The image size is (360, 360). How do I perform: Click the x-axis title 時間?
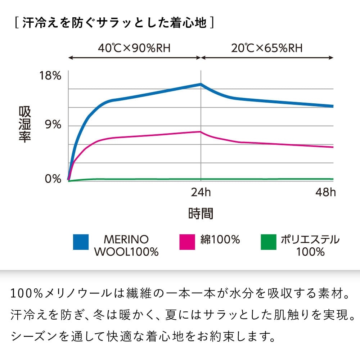[201, 213]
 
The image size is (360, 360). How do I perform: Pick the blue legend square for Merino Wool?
[81, 242]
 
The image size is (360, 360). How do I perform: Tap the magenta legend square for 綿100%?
[187, 242]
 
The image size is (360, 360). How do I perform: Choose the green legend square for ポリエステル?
[268, 242]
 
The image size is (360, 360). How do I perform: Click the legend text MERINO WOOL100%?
[126, 246]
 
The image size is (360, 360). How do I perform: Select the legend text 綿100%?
[220, 239]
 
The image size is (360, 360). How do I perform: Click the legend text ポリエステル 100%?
[310, 246]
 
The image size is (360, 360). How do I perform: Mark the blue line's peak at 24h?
[201, 84]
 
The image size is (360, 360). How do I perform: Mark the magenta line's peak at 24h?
[201, 132]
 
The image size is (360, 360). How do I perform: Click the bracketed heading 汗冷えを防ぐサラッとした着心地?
[115, 23]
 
